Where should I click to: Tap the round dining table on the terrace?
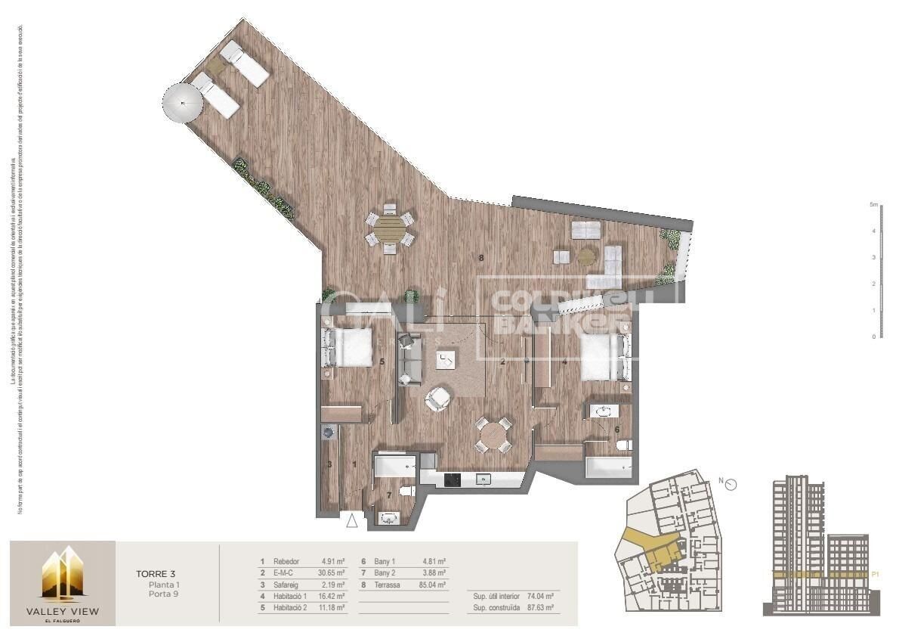[390, 229]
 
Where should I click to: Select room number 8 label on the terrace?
[481, 259]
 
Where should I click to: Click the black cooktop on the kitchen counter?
[453, 479]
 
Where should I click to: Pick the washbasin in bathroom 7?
[391, 519]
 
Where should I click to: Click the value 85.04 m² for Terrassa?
[432, 585]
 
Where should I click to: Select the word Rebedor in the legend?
[286, 562]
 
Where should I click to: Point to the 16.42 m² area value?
[332, 596]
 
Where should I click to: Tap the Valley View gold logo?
[63, 574]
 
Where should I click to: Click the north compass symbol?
[731, 485]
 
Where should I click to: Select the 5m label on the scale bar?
[873, 205]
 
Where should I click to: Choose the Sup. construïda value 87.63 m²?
[539, 607]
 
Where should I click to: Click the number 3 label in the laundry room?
[329, 464]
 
